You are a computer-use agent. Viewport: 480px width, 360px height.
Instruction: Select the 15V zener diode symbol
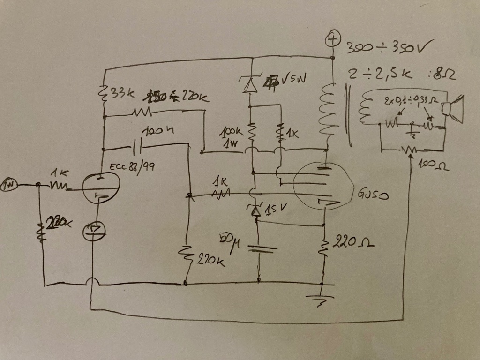point(256,211)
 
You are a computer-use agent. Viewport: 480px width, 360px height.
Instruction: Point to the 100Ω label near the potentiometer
point(432,165)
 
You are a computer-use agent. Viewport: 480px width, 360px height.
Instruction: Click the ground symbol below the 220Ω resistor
point(321,300)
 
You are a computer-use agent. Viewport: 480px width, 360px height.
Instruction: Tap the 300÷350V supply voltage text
point(389,47)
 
